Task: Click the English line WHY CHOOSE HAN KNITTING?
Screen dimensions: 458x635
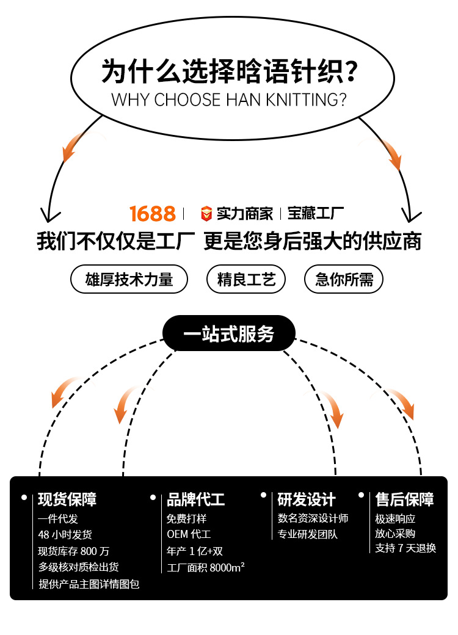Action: point(229,100)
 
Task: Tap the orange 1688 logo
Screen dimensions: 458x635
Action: point(153,214)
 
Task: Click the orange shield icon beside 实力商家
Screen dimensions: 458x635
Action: point(207,214)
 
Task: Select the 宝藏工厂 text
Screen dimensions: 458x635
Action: point(316,214)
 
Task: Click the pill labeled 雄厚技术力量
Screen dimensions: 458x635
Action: point(129,280)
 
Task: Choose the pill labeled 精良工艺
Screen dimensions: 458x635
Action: point(247,280)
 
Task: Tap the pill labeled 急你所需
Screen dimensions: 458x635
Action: point(344,280)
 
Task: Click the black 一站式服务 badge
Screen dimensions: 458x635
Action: point(229,333)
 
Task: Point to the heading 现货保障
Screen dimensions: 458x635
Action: point(67,499)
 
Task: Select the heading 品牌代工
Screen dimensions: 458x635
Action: point(196,499)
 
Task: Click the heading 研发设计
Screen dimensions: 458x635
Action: point(307,499)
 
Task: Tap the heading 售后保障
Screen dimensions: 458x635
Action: point(404,499)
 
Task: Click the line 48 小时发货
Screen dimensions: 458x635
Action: point(65,535)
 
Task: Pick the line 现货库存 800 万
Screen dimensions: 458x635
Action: point(73,551)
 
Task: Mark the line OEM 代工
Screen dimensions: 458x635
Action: point(189,535)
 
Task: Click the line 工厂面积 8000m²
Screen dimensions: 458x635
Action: point(206,568)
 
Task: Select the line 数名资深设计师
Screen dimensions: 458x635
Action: point(313,518)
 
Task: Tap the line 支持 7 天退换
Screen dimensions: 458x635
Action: point(405,548)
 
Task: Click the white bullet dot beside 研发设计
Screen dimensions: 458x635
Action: point(264,495)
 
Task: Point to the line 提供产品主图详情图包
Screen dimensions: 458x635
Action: point(89,584)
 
